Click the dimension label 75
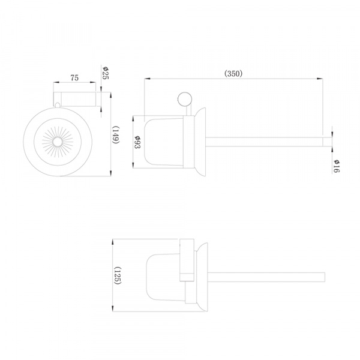[74, 78]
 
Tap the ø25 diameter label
[106, 73]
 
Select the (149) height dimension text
[115, 135]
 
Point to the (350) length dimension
[233, 73]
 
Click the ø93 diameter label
[137, 142]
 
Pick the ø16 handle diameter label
[337, 166]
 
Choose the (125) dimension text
[118, 275]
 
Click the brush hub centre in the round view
[57, 142]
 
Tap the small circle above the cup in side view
[185, 99]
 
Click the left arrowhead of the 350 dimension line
[147, 79]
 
